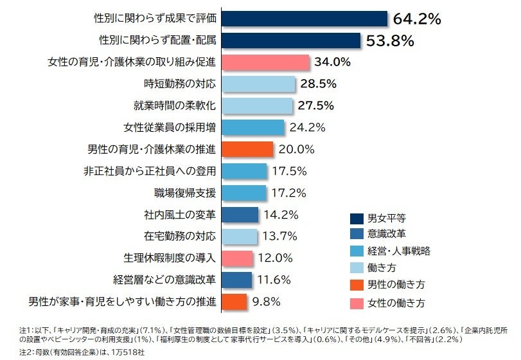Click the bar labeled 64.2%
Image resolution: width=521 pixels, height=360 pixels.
coord(305,19)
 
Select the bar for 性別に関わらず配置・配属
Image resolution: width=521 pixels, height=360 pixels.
coord(291,40)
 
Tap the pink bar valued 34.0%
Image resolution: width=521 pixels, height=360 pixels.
coord(266,62)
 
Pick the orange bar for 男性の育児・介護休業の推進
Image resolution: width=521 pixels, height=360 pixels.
coord(247,149)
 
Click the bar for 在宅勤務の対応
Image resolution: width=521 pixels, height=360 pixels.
coord(240,237)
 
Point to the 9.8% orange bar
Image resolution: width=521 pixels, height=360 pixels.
coord(234,302)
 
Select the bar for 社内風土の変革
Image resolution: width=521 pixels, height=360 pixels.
coord(240,215)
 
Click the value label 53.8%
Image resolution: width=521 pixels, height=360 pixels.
coord(390,41)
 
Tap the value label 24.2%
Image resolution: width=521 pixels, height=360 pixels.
coord(307,127)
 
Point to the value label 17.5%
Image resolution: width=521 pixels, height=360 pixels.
coord(289,171)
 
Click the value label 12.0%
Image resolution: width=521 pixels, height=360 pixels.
coord(276,258)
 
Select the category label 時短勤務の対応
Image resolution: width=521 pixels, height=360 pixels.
coord(180,84)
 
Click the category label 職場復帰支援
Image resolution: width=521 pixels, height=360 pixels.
coord(185,193)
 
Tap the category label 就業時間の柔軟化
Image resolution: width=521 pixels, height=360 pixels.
coord(175,105)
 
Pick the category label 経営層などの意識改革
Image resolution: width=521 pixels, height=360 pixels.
coord(164,280)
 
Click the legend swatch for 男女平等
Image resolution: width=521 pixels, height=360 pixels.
coord(357,219)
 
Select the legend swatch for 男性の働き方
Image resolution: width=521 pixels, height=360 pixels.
coord(357,285)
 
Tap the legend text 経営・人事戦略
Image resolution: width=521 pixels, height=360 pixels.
coord(399,251)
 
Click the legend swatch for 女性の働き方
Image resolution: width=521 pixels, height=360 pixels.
coord(357,303)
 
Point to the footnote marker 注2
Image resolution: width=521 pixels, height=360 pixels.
coord(25,352)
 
